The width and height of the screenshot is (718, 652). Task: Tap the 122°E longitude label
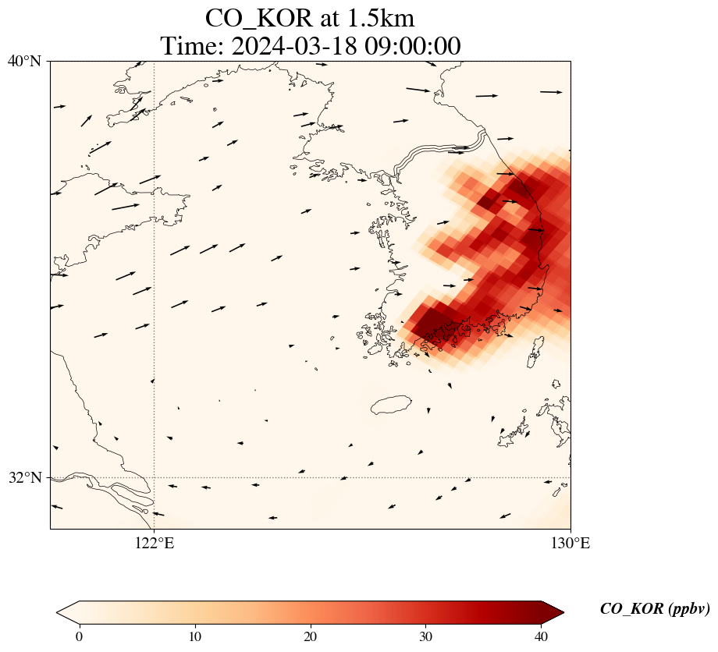coord(155,543)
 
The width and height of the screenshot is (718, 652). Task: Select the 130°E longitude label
coord(571,543)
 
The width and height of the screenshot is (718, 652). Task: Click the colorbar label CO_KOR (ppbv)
coord(654,609)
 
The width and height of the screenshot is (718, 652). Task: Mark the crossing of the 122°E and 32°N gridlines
coord(155,477)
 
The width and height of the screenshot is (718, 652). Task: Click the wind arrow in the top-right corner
coord(551,92)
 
